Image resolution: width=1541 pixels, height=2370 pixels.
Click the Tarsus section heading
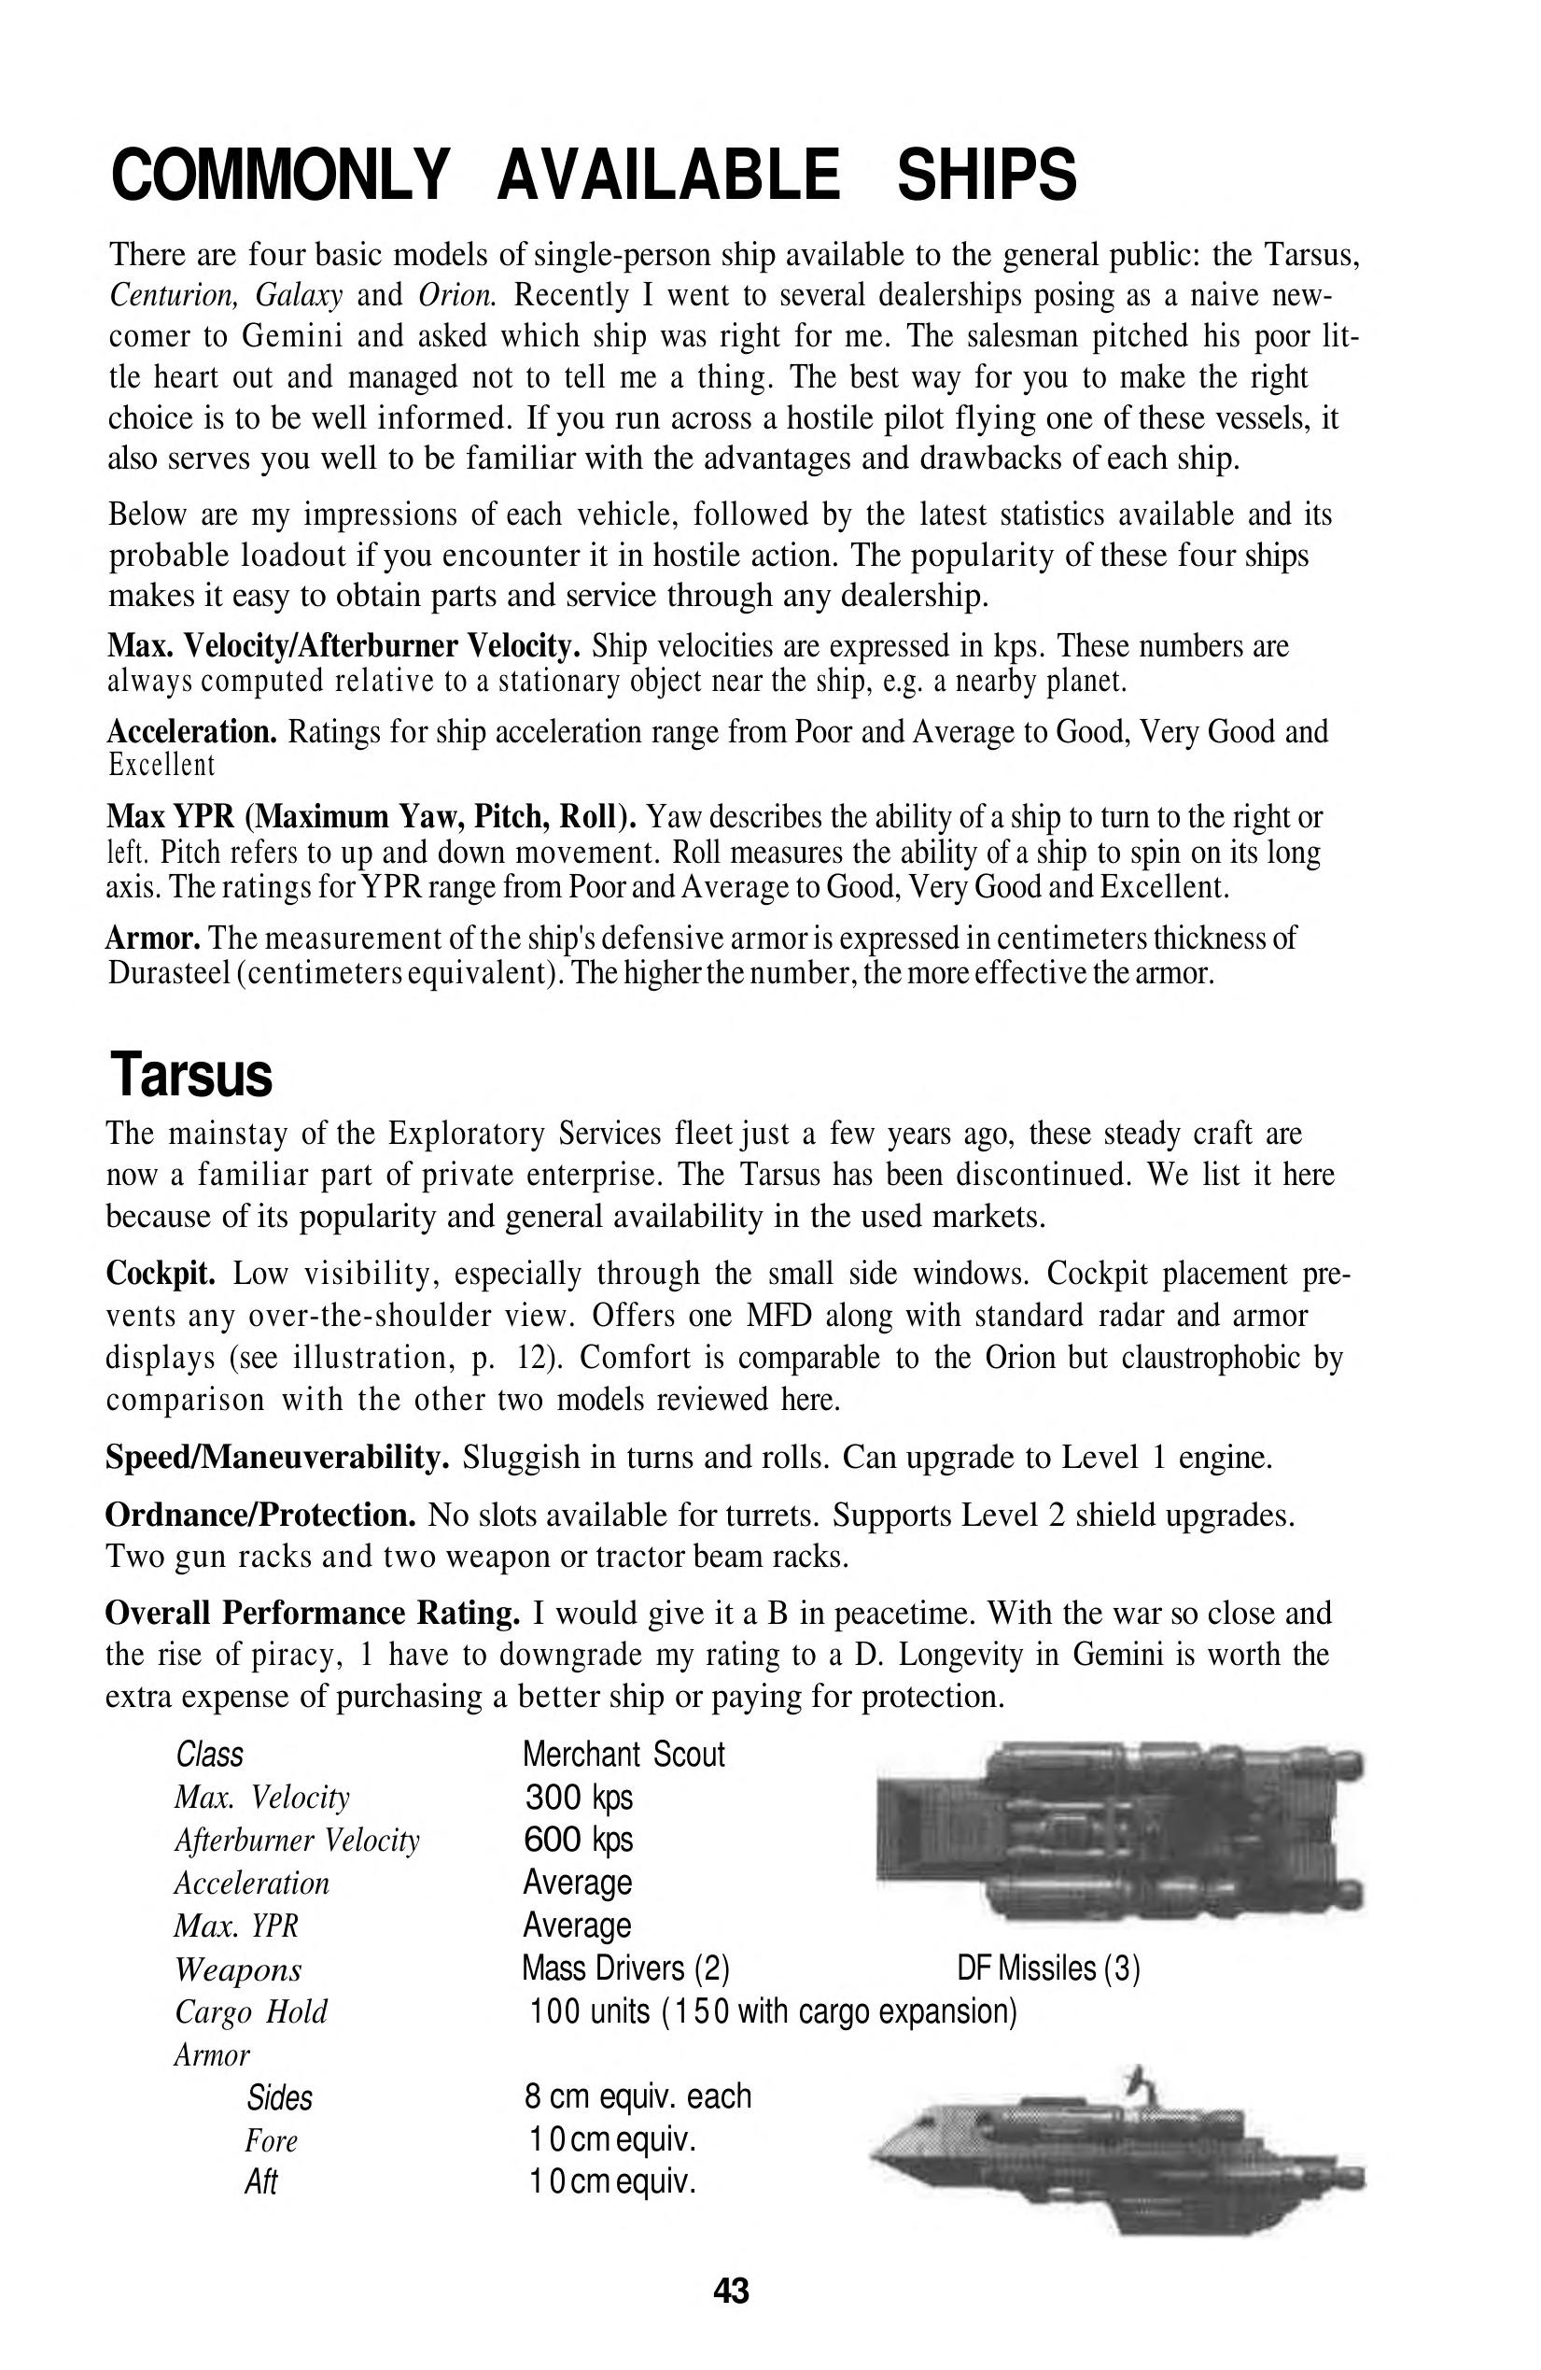coord(190,1076)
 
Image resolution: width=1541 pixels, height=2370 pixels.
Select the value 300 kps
coord(578,1798)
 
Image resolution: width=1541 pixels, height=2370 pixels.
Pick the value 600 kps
coord(578,1841)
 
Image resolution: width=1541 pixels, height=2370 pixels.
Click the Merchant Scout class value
coord(623,1755)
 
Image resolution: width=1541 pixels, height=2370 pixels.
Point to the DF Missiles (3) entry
coord(1048,1968)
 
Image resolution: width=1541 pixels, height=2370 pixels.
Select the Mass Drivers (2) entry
coord(626,1968)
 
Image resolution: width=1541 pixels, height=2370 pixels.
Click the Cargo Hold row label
coord(251,2012)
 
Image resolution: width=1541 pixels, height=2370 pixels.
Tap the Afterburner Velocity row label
coord(297,1841)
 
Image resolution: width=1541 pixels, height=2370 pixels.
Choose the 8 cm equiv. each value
coord(637,2097)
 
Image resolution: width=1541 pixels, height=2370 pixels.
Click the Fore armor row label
coord(271,2140)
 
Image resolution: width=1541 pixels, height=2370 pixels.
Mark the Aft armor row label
coord(260,2181)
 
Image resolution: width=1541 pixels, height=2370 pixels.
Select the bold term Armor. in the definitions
coord(154,938)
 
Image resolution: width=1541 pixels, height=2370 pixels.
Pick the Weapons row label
coord(238,1969)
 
